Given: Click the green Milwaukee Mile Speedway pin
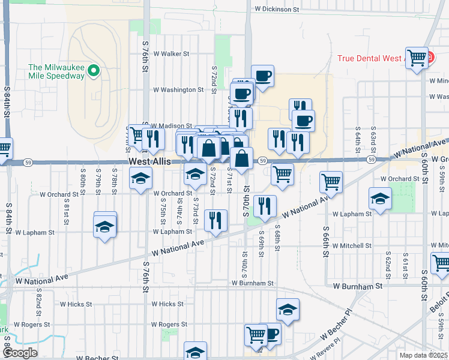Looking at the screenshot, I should (94, 71).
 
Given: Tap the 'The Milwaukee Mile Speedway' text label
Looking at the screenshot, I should (56, 71).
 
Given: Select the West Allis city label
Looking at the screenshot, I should (149, 163).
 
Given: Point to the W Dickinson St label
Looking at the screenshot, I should (277, 9).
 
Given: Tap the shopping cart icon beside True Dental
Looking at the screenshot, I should (417, 58).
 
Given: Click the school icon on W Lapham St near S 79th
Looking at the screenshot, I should (105, 227).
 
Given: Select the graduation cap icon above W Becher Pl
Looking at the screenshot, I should (288, 310).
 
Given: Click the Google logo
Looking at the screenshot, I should (20, 353).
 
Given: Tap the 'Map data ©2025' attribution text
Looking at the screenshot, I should (423, 355).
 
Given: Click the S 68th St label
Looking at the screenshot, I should (277, 238).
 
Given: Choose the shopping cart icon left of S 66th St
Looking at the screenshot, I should (331, 181).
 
